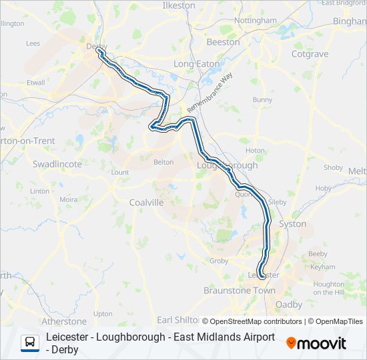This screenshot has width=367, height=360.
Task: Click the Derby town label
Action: (92, 46)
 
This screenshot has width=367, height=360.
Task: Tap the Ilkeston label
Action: (179, 5)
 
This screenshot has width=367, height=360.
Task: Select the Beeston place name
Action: (223, 42)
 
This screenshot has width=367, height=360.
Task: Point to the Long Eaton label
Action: (192, 64)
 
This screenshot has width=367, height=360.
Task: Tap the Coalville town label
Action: (147, 202)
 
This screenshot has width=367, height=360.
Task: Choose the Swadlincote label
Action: (57, 163)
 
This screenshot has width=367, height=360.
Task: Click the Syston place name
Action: (292, 224)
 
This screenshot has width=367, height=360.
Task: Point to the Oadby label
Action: (288, 305)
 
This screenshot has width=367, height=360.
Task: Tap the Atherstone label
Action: (64, 321)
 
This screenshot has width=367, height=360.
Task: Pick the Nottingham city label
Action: (256, 21)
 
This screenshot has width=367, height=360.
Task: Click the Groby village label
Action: (219, 261)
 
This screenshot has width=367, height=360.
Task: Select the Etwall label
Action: (35, 83)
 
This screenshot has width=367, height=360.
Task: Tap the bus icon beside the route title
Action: (30, 343)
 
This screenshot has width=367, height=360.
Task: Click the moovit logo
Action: (316, 343)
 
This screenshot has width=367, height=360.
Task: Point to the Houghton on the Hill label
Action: (328, 288)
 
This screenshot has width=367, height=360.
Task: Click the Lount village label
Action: (120, 172)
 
